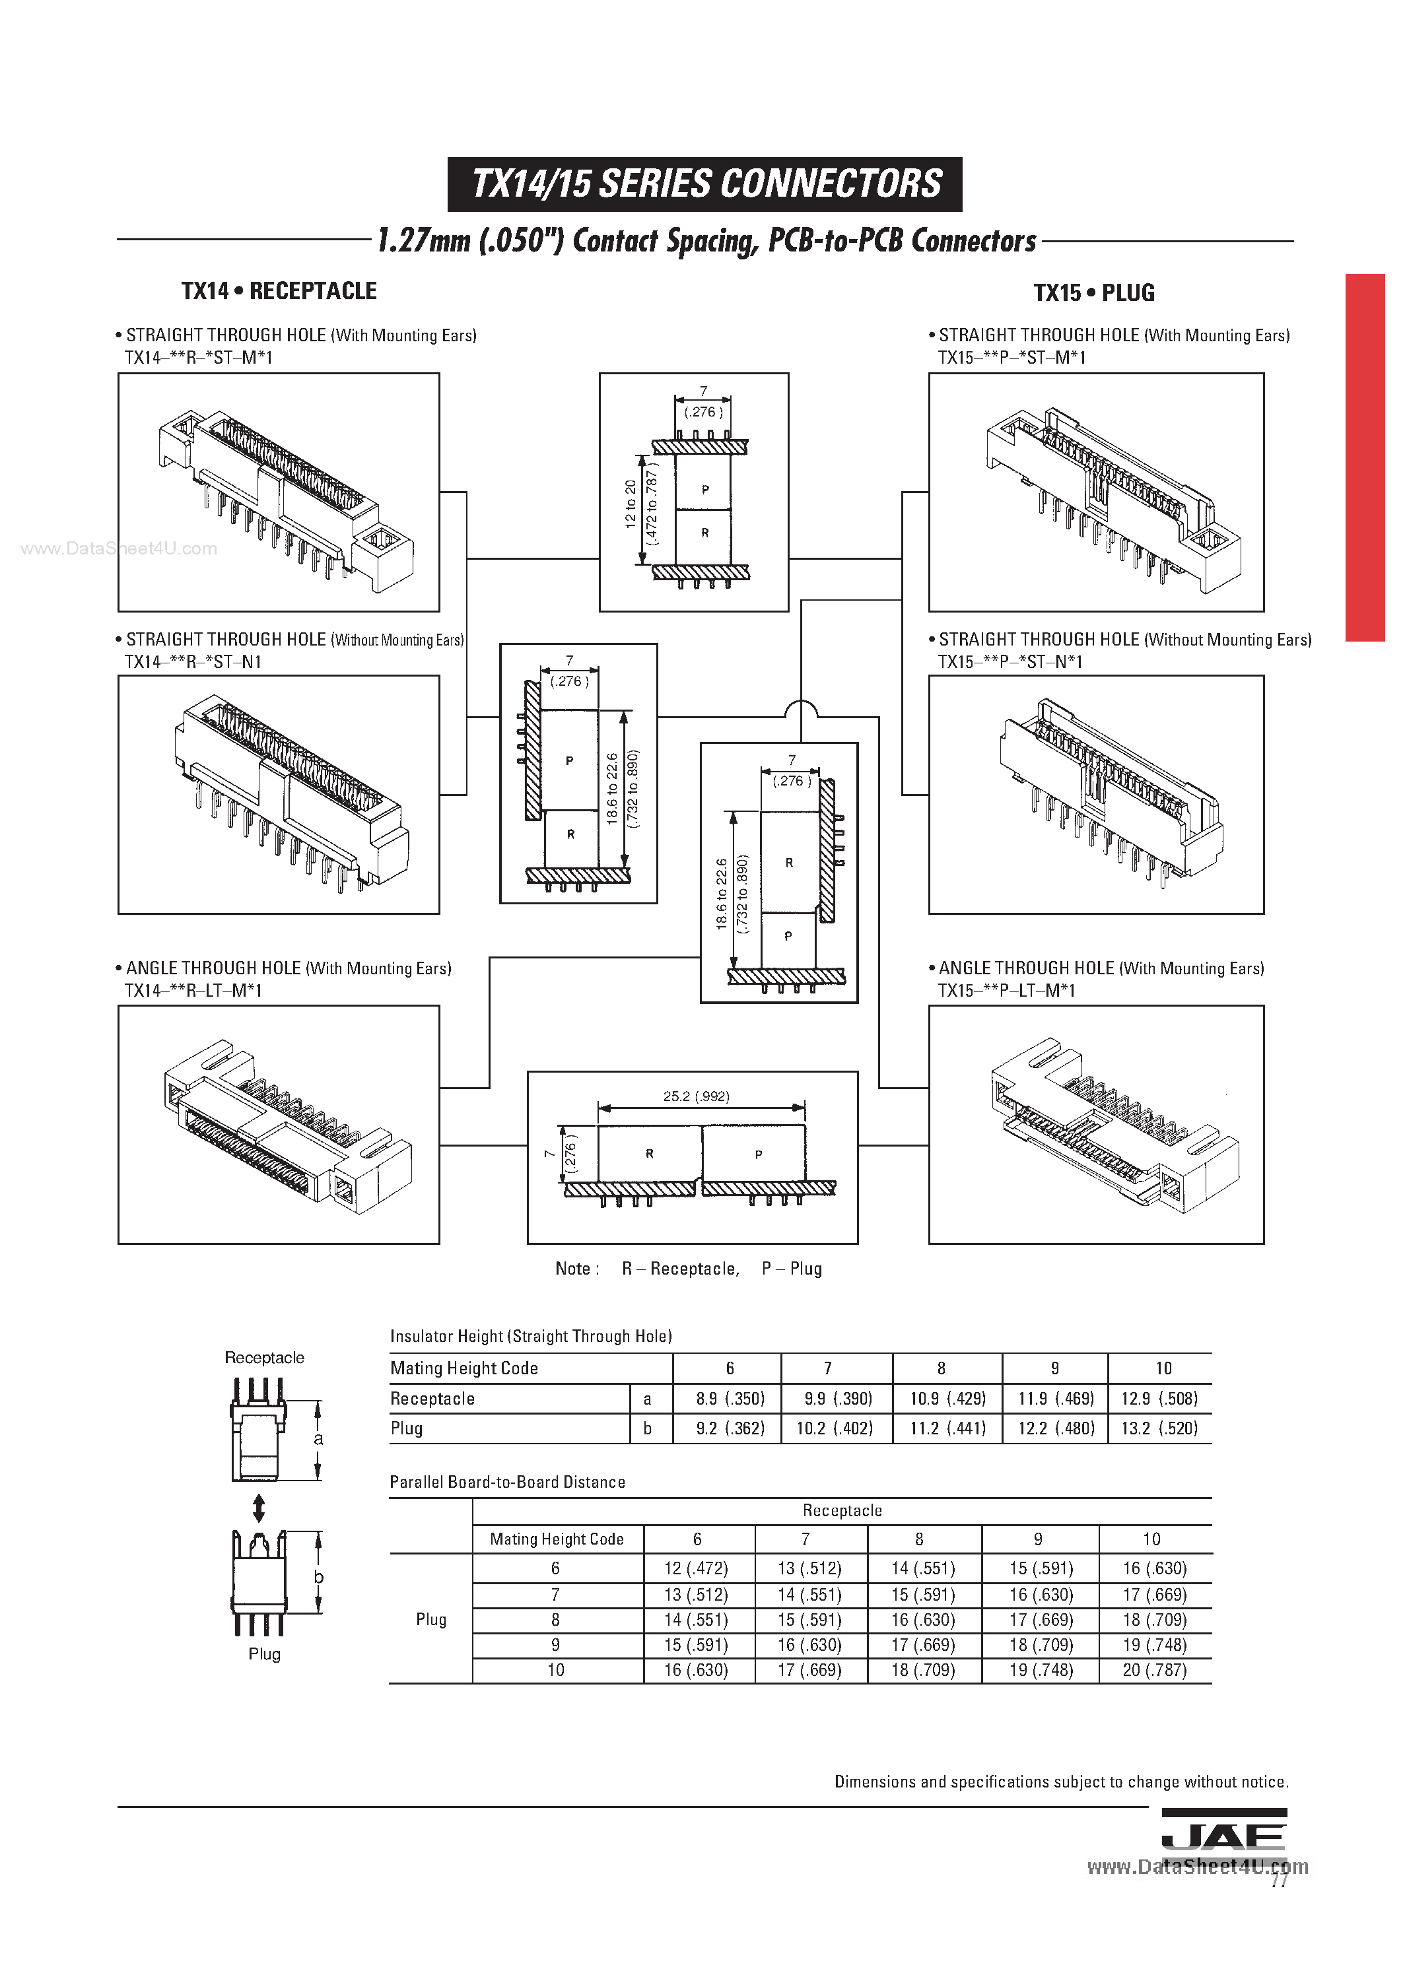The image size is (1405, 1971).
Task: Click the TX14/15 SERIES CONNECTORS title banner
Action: [x=704, y=184]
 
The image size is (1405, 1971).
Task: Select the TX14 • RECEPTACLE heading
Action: [x=279, y=292]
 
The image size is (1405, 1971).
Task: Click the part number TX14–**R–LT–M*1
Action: [x=193, y=991]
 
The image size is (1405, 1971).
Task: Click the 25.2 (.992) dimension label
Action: [x=697, y=1096]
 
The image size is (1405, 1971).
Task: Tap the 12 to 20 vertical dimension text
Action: [x=630, y=504]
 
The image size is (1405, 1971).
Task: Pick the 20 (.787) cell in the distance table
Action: [x=1154, y=1670]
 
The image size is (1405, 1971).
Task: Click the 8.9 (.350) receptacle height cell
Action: [x=730, y=1399]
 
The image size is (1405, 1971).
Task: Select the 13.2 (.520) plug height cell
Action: [x=1159, y=1428]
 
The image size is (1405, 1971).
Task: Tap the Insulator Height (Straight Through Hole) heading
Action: [x=530, y=1336]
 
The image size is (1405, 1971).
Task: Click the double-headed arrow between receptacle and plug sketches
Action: [x=257, y=1508]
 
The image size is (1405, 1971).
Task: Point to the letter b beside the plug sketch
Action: [x=318, y=1577]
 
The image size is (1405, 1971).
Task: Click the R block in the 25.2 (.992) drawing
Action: [x=650, y=1154]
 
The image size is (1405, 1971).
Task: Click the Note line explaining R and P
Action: [x=689, y=1269]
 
